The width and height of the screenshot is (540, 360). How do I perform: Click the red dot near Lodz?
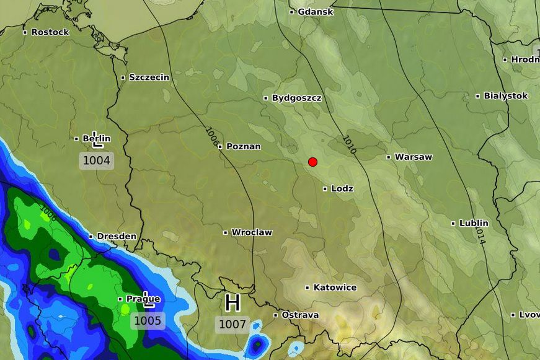(x=312, y=162)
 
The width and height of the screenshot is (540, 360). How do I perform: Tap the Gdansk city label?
(x=315, y=12)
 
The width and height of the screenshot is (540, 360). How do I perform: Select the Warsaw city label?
(x=413, y=157)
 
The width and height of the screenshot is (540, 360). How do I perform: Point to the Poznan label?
(x=243, y=146)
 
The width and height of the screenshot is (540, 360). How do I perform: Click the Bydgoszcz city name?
(x=296, y=98)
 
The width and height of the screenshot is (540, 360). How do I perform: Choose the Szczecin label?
(x=148, y=77)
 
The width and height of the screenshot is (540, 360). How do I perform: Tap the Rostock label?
(x=50, y=32)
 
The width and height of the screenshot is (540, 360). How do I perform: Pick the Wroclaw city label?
(x=251, y=232)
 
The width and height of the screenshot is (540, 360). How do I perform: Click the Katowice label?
(x=335, y=288)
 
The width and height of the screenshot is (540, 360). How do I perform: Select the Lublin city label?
(x=473, y=223)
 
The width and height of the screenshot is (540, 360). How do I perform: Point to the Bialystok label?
(x=505, y=96)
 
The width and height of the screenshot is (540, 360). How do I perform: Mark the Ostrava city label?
(x=300, y=315)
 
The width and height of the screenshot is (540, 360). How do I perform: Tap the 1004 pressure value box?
(x=97, y=161)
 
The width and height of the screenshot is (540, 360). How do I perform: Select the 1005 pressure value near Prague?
(x=148, y=320)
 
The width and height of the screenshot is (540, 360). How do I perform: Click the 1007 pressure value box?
(x=232, y=324)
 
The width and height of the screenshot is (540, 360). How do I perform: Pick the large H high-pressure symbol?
(x=232, y=303)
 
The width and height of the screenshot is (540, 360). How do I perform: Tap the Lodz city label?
(x=342, y=188)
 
